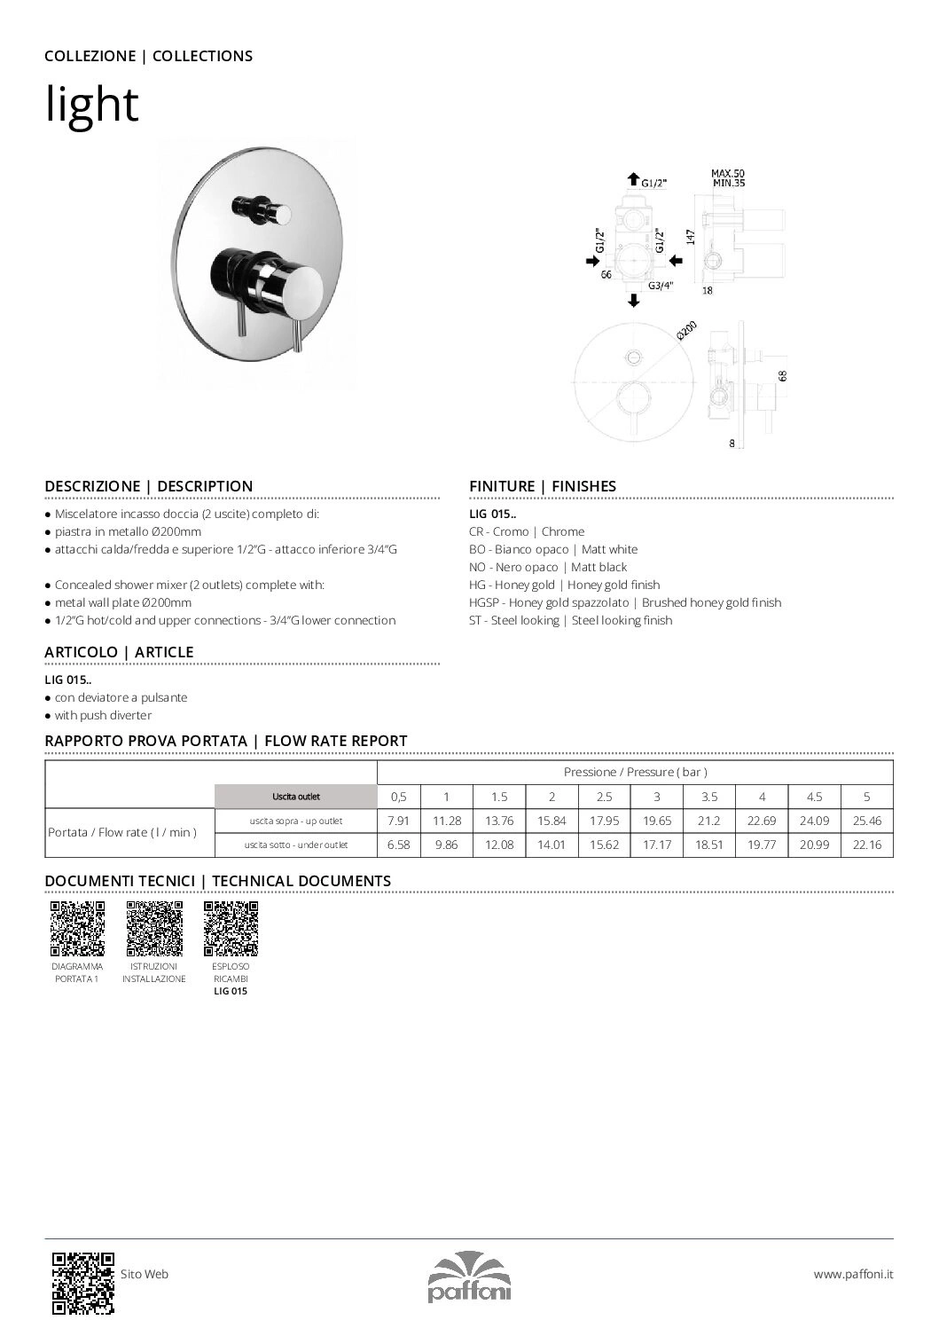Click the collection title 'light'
pos(91,105)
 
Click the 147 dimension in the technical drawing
pos(690,236)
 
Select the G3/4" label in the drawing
pos(661,286)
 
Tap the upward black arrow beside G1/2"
pos(633,180)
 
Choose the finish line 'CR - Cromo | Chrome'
pos(526,531)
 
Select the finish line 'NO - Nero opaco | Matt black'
pos(547,567)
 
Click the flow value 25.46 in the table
pos(866,821)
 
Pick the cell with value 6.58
pos(399,845)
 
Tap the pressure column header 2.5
pos(604,797)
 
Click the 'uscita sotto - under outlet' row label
pos(296,845)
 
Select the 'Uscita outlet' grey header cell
pos(296,797)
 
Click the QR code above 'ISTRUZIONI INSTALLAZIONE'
pos(154,928)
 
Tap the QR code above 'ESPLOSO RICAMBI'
pos(231,928)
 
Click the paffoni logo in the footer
pos(469,1277)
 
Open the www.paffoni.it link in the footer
pos(853,1274)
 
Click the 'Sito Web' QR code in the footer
pos(83,1282)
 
